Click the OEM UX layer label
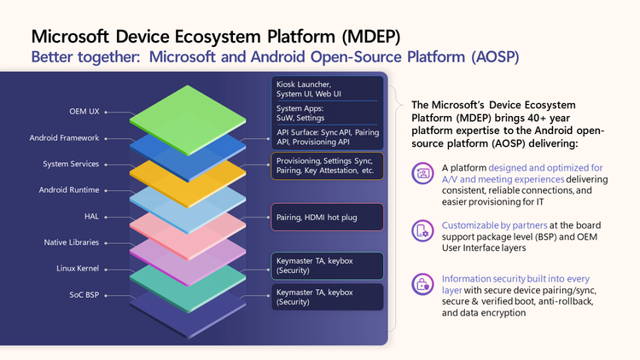84,112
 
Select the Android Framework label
65,138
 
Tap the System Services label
71,164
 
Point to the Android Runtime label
69,189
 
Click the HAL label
91,216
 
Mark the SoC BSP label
83,295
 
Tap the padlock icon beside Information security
422,283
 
